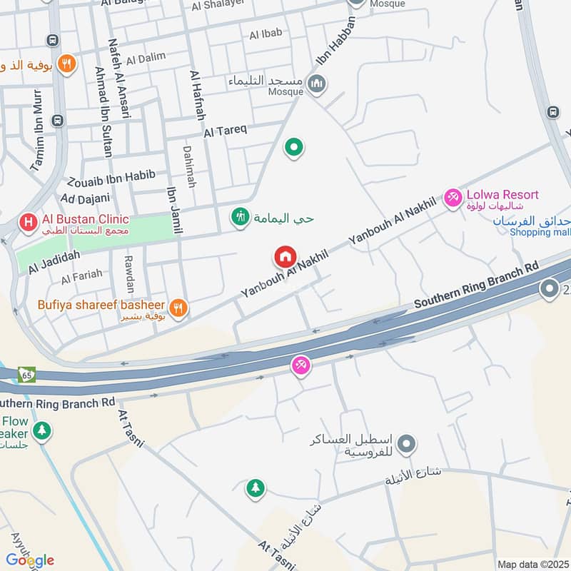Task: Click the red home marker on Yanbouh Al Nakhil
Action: click(x=285, y=256)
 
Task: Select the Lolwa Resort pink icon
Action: click(x=453, y=198)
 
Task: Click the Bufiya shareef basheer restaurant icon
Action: click(x=178, y=308)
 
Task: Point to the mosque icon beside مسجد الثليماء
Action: click(x=316, y=85)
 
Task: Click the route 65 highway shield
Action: click(x=27, y=374)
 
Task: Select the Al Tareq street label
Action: click(x=225, y=131)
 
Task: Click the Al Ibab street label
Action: click(x=266, y=33)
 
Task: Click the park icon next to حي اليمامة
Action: click(x=241, y=216)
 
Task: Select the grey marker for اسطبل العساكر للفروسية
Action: click(x=407, y=445)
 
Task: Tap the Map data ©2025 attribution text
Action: click(x=532, y=564)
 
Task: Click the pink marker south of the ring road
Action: click(x=301, y=366)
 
